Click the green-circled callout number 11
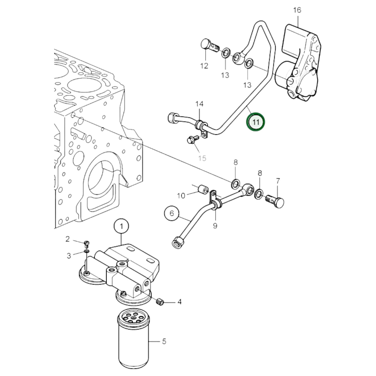(x=256, y=122)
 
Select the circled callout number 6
(x=172, y=213)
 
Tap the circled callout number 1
(x=122, y=227)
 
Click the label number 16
(x=297, y=10)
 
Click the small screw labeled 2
(x=87, y=244)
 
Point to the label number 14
(x=199, y=104)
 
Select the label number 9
(x=215, y=226)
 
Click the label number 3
(x=69, y=256)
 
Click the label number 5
(x=164, y=341)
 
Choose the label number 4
(x=179, y=302)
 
